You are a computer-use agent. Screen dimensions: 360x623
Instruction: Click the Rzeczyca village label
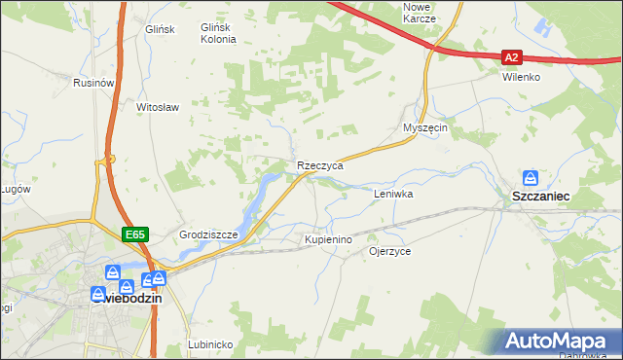320,166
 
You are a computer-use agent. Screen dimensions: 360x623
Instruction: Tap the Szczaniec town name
540,197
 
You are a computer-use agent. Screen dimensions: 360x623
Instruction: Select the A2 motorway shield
514,57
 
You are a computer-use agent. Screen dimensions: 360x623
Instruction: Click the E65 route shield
134,234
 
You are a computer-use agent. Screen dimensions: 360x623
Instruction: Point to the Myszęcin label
424,128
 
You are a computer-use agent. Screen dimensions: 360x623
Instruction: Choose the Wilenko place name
521,77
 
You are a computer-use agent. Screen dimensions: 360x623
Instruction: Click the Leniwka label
394,195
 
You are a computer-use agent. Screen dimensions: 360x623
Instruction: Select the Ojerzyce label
389,251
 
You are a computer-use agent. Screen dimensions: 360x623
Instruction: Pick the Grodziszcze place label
203,235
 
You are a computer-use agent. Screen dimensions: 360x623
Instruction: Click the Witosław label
159,107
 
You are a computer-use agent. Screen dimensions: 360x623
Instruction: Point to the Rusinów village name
94,84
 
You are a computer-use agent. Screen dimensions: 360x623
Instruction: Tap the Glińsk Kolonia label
218,34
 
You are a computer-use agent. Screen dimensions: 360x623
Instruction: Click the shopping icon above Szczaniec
531,178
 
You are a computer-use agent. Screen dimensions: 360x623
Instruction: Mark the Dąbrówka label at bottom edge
583,354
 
